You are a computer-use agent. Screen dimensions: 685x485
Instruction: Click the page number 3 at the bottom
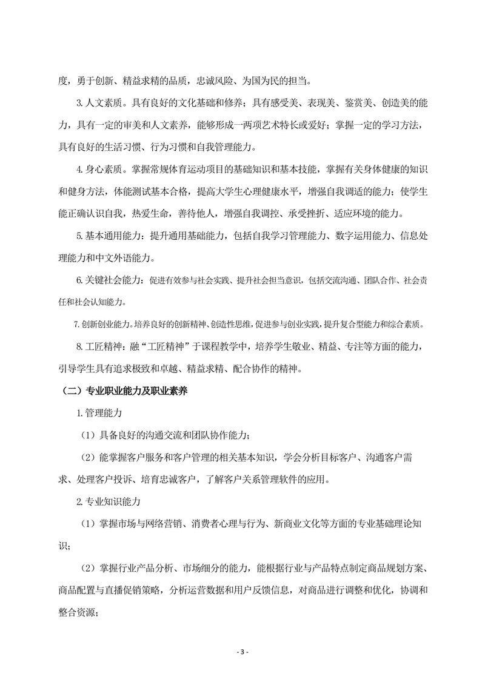tap(242, 652)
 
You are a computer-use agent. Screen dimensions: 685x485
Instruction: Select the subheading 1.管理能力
tap(99, 413)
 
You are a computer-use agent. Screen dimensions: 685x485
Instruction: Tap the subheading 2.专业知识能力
tap(109, 501)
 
